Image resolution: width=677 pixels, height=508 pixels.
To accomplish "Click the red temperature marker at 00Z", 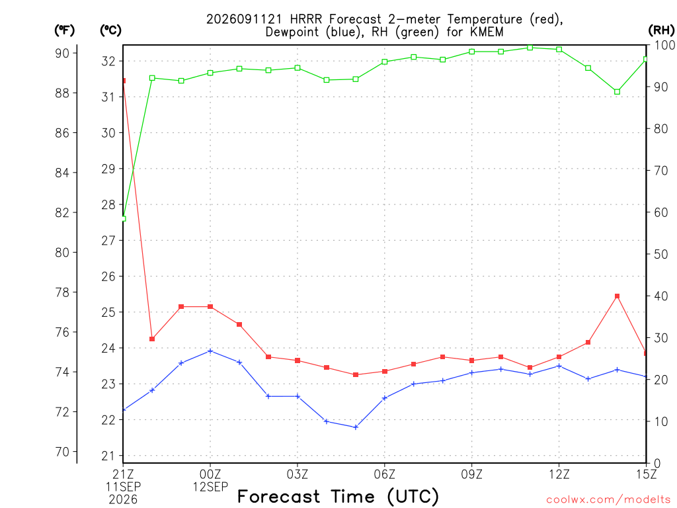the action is pos(210,307).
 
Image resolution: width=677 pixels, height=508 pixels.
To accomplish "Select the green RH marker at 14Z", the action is pos(617,91).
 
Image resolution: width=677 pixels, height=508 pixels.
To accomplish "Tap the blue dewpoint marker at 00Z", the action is pos(210,351).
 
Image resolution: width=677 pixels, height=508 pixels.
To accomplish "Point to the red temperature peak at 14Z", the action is pos(617,296).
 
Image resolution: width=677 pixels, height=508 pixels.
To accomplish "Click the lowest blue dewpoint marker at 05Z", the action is pos(356,427).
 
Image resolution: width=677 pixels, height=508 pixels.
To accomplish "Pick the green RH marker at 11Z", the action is pos(530,48).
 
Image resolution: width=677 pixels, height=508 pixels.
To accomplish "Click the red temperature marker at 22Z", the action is pos(152,339).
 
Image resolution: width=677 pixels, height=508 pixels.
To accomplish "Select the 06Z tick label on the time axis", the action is pos(384,474).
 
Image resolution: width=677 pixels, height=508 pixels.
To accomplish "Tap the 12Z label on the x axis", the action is pos(559,474).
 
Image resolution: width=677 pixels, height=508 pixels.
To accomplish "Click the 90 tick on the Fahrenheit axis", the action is pos(62,53).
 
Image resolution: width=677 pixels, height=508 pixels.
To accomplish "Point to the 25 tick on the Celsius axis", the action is pos(108,312).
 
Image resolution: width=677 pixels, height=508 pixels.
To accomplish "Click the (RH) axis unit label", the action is pos(661,30).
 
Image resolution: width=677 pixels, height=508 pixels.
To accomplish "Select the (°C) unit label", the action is pos(110,30).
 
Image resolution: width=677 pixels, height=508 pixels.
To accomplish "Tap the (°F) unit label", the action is pos(64,30).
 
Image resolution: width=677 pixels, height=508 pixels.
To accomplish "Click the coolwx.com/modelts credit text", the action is pos(608,500).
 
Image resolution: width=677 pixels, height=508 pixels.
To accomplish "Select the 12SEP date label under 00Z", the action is pos(210,487).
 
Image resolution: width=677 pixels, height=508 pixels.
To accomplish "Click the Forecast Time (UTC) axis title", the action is pos(338,496).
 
